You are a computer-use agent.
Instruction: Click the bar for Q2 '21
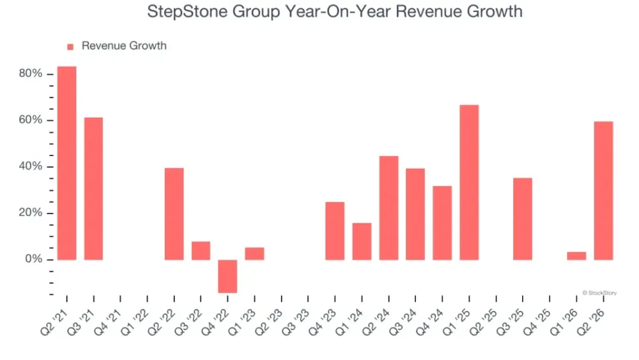coord(67,163)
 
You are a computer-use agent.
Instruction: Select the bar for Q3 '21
coord(94,189)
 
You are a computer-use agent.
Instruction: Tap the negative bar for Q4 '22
coord(227,276)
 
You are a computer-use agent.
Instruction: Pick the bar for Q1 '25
coord(469,182)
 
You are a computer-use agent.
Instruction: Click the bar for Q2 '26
coord(604,191)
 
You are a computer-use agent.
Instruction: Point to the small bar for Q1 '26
coord(576,256)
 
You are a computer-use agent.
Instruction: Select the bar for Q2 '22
coord(174,214)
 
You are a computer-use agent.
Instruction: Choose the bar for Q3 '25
coord(523,219)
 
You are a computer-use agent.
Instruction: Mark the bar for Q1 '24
coord(362,241)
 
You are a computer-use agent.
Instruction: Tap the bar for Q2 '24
coord(389,208)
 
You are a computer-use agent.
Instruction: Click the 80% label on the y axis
coord(31,74)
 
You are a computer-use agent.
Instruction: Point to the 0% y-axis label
coord(33,259)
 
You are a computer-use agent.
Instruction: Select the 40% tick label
coord(31,166)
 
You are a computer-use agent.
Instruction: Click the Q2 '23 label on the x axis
coord(268,322)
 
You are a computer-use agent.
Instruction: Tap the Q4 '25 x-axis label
coord(537,322)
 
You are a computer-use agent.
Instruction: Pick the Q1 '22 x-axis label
coord(134,322)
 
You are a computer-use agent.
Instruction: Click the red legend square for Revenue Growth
coord(70,47)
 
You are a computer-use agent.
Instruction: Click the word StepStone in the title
coord(187,12)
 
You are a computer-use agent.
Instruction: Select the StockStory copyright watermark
coord(599,293)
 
